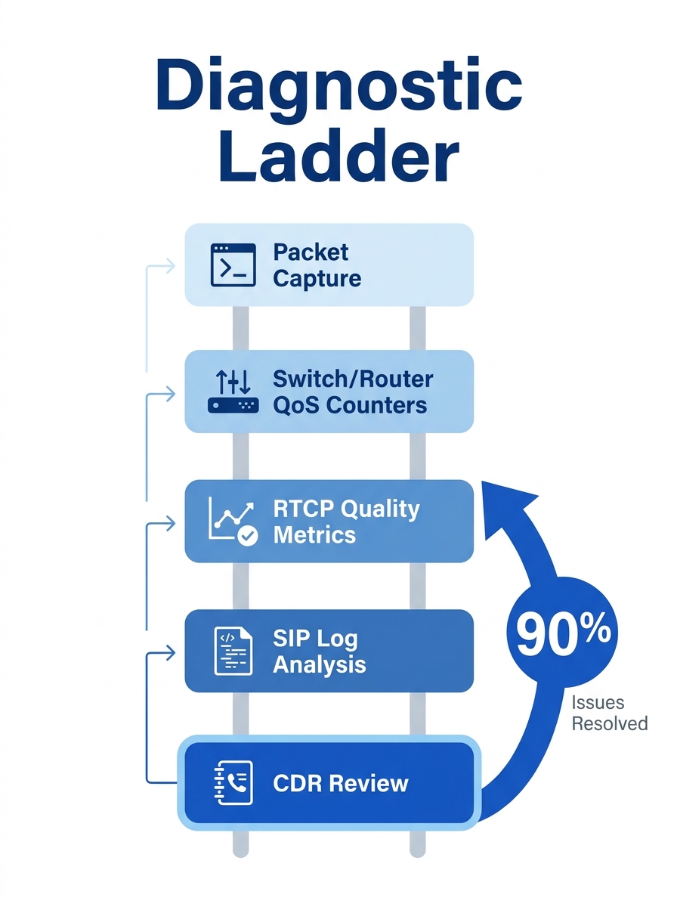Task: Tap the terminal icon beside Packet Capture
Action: [233, 265]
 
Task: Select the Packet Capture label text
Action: [317, 265]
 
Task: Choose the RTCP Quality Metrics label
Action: [345, 522]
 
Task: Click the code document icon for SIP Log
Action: [233, 651]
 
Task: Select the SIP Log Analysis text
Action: [319, 651]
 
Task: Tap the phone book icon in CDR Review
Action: [233, 782]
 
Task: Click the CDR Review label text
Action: [340, 782]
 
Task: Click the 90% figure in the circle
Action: [563, 635]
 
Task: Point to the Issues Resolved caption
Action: [609, 713]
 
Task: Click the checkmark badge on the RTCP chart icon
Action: [247, 536]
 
